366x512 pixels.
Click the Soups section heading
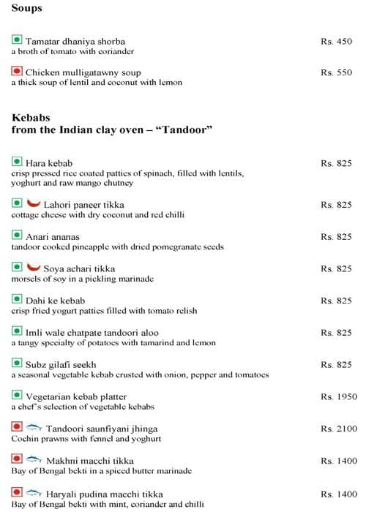pos(27,9)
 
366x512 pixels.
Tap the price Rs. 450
pos(336,42)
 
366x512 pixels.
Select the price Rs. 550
pos(336,73)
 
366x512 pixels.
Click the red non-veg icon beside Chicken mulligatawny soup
pos(17,72)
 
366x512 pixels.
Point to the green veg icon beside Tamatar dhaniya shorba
pos(17,41)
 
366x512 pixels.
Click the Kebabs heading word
pos(31,117)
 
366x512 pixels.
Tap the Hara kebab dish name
pos(49,162)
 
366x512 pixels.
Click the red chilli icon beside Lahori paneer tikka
pos(32,203)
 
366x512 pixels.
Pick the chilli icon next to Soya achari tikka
pos(32,268)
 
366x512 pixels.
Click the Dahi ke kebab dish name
pos(55,301)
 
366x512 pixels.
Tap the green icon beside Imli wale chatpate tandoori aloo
pos(17,332)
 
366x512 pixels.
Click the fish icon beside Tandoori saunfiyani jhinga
pos(34,427)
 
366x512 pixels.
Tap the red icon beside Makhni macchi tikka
pos(17,459)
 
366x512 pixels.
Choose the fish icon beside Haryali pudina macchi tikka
pos(34,492)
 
